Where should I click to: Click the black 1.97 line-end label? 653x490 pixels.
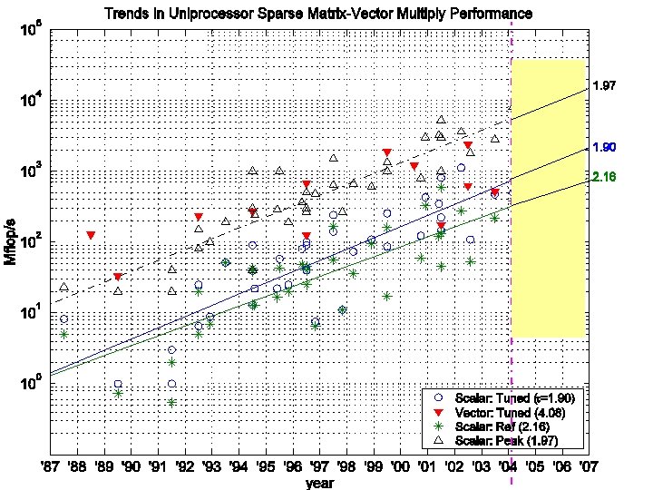coord(604,86)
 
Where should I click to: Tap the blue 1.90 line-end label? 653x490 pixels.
coord(604,147)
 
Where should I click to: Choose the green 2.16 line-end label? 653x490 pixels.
coord(604,177)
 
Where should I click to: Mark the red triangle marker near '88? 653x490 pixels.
coord(91,235)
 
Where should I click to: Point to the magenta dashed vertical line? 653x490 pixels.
coord(512,272)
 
